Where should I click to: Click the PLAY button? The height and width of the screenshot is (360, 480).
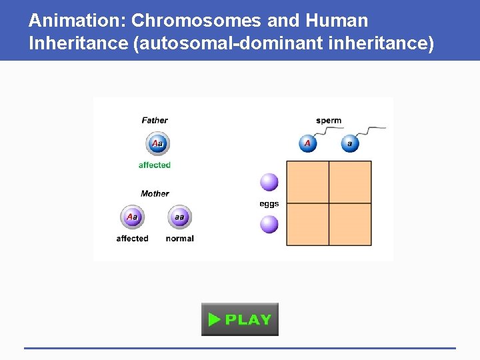tap(240, 319)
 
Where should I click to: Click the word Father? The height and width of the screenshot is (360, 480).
tap(155, 121)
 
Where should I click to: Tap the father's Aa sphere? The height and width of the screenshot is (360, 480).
tap(157, 143)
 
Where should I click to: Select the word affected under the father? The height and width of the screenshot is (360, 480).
tap(155, 165)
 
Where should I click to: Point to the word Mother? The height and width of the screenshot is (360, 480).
tap(155, 194)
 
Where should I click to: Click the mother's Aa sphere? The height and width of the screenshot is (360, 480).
tap(132, 217)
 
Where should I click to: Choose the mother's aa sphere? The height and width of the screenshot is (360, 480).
tap(179, 217)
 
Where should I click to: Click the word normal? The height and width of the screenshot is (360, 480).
tap(179, 239)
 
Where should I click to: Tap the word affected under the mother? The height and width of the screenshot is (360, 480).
tap(132, 239)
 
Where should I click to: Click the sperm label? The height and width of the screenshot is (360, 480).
tap(329, 121)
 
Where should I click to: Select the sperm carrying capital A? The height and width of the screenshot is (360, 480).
tap(307, 143)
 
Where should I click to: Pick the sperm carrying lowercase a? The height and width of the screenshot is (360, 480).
tap(349, 143)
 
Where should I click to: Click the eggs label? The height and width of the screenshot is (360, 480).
tap(269, 204)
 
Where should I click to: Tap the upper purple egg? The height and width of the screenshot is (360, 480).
tap(269, 182)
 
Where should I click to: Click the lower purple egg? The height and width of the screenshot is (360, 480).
tap(269, 224)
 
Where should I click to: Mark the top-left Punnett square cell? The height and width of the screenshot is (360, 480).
tap(307, 182)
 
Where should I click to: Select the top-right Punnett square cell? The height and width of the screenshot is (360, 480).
tap(350, 182)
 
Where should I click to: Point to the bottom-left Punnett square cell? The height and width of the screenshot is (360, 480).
tap(307, 225)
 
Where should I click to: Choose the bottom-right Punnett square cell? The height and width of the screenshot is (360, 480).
tap(350, 225)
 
